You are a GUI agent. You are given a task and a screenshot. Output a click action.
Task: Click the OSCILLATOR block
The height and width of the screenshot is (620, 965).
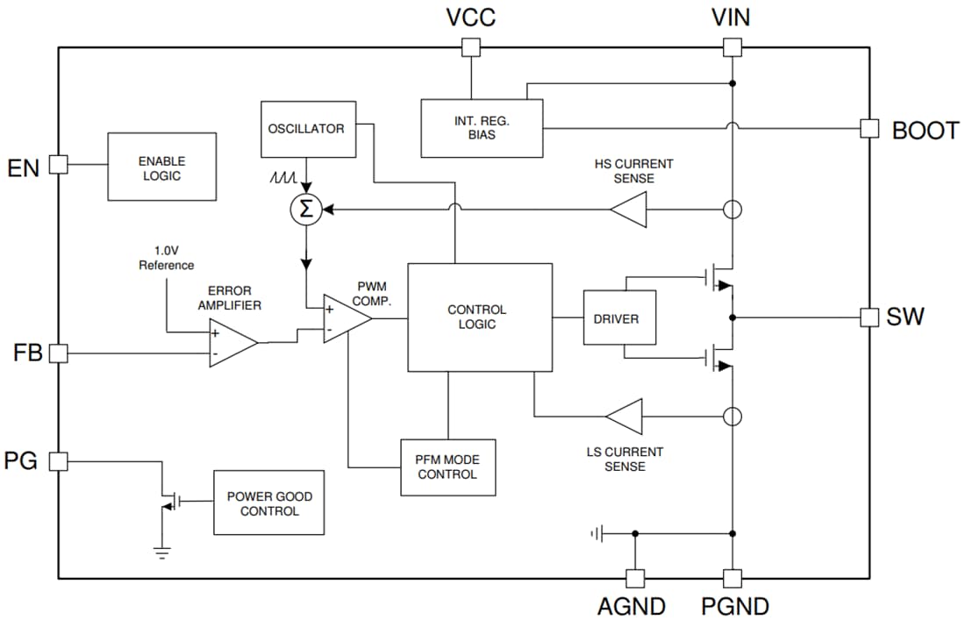[x=305, y=129]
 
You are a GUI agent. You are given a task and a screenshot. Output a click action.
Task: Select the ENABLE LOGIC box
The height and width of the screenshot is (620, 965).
[x=161, y=167]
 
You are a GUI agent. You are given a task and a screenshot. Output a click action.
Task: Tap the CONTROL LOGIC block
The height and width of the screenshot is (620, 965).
[x=479, y=317]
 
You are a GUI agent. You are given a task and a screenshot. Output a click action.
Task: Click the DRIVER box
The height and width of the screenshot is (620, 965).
[x=619, y=317]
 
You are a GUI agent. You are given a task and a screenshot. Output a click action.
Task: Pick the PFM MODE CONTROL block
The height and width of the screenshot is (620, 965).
[x=447, y=467]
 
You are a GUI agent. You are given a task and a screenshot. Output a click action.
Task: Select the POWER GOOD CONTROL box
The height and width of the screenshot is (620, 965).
[x=268, y=502]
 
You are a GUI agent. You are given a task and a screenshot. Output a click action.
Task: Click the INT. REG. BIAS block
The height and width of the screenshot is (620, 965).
[x=482, y=128]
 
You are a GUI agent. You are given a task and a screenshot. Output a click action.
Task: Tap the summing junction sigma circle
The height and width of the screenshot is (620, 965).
[x=306, y=210]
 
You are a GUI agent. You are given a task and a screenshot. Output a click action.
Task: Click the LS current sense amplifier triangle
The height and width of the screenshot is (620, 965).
[x=625, y=415]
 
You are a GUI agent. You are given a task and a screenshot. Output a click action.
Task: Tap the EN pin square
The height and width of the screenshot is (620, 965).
[x=58, y=165]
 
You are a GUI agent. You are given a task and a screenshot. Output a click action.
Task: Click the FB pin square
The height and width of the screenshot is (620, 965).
[x=58, y=353]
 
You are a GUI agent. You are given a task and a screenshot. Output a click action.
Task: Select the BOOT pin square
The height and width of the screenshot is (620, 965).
[x=868, y=128]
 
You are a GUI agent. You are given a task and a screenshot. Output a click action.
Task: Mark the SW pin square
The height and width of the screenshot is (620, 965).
[x=868, y=317]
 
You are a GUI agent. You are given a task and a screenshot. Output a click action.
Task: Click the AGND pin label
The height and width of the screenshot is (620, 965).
[x=631, y=606]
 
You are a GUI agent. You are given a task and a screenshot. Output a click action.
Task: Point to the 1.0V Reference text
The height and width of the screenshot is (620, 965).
[x=166, y=258]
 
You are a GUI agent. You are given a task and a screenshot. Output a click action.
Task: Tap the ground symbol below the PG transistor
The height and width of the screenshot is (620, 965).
[x=161, y=552]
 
